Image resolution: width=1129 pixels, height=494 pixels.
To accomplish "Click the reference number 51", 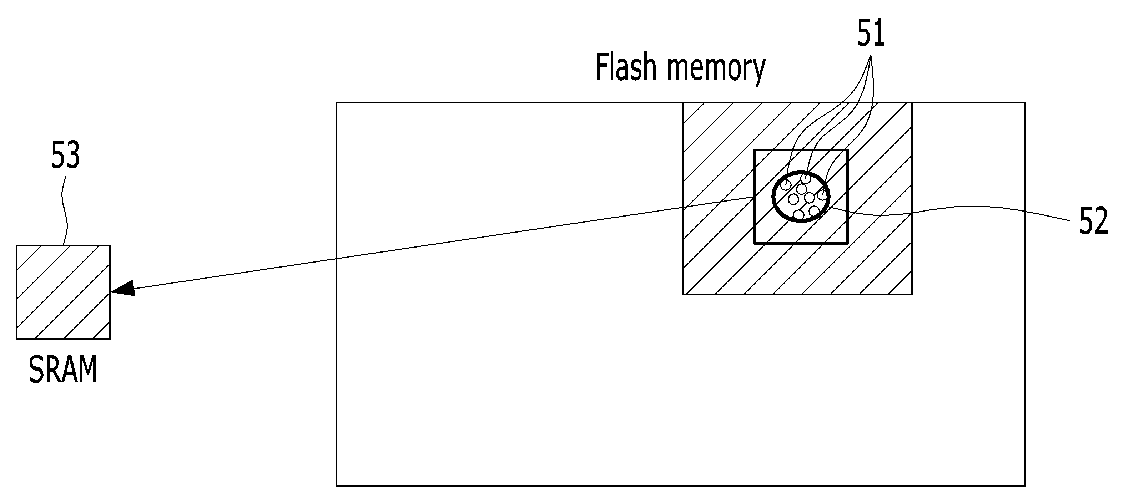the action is point(871,33).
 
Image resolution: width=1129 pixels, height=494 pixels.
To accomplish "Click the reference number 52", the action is point(1094,221).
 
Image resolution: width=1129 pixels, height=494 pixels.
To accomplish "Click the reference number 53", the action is point(65,155).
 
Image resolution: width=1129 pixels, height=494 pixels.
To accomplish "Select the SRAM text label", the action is point(63,371).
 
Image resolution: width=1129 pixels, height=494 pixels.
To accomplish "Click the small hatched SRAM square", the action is point(63,292).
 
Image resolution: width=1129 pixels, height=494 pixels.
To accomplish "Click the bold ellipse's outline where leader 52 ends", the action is point(828,208).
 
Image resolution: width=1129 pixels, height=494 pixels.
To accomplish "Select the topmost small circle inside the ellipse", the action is point(806,178).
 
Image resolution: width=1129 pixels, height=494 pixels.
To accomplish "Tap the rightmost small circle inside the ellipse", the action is point(822,195).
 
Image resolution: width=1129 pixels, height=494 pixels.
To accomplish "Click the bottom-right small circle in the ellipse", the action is point(814,211).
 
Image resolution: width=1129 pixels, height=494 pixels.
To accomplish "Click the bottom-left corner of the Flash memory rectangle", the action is point(337,486).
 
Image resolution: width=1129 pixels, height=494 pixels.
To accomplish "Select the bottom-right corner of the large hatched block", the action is point(912,294).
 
